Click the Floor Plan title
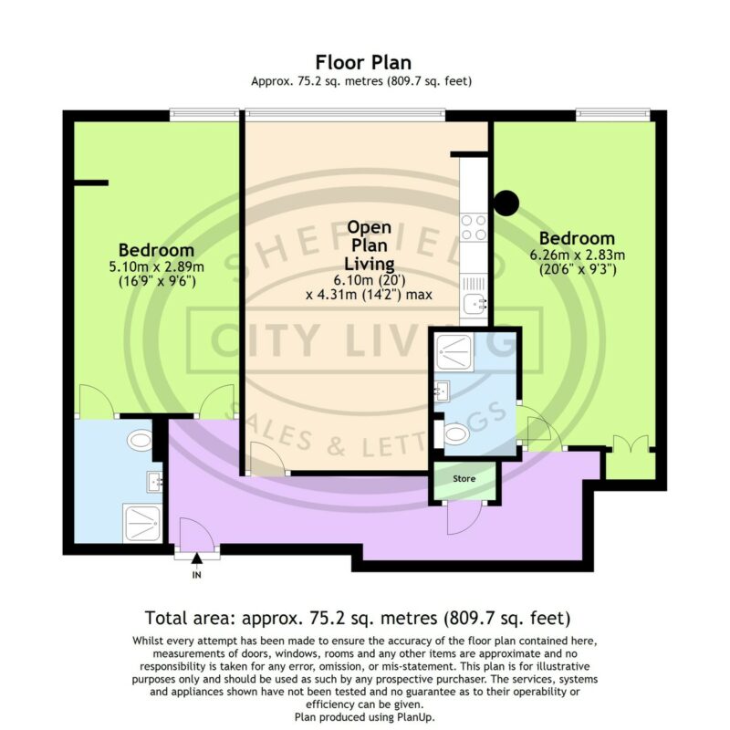[363, 62]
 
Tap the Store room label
[464, 478]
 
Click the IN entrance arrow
[197, 558]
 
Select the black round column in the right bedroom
[506, 203]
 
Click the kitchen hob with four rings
[474, 227]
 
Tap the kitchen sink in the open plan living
[475, 305]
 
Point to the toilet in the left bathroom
[141, 440]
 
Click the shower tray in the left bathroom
[142, 523]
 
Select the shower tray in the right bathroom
[454, 352]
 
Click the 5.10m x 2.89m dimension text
[156, 266]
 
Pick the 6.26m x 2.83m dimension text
[578, 255]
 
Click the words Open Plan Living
[370, 245]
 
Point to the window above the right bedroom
[612, 115]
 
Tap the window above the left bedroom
[203, 115]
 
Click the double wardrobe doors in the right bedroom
[631, 443]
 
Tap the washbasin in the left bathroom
[154, 482]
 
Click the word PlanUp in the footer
[417, 717]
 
